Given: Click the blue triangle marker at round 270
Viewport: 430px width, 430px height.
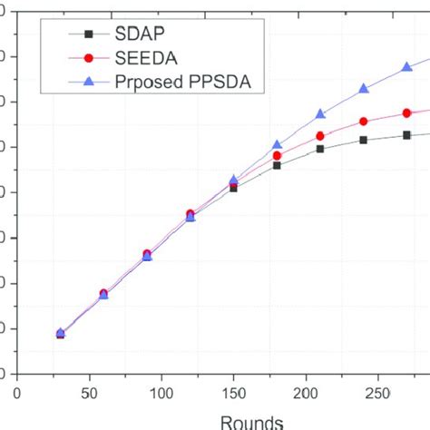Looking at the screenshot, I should (407, 68).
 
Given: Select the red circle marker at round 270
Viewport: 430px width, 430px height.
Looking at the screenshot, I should (407, 112).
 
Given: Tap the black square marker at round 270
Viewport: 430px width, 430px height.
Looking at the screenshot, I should (407, 135).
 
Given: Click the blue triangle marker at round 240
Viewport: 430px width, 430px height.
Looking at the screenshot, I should (364, 89).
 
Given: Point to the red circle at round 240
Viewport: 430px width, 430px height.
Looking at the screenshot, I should (364, 122).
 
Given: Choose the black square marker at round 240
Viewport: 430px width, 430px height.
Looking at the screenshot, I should (364, 140).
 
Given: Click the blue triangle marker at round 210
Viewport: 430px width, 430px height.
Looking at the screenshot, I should (320, 114).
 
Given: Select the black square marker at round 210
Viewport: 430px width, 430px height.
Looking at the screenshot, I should (320, 148).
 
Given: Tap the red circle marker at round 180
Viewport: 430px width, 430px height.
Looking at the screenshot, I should (277, 156).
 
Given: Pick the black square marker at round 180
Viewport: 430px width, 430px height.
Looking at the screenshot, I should (277, 165).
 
